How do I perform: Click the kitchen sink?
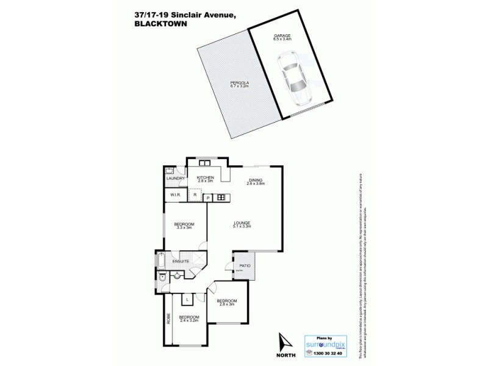[x=204, y=163]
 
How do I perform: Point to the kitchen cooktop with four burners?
[x=221, y=198]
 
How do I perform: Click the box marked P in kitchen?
[x=207, y=198]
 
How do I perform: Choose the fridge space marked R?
[x=195, y=195]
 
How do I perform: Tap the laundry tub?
[x=169, y=171]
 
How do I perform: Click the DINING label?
[x=255, y=180]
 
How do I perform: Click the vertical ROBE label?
[x=169, y=317]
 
